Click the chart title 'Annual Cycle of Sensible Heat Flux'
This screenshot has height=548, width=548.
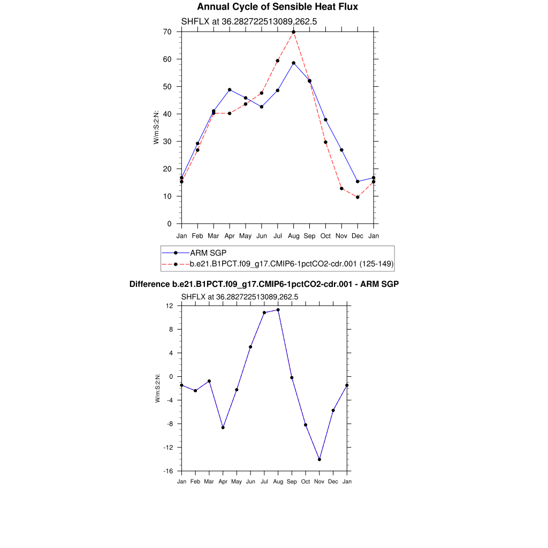[x=277, y=7]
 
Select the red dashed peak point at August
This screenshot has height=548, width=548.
[x=294, y=32]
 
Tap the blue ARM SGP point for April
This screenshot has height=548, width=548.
[x=230, y=89]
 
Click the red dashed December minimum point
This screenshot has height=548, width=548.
[x=357, y=197]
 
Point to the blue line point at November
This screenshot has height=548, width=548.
[x=341, y=150]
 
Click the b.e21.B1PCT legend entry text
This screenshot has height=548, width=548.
[x=292, y=263]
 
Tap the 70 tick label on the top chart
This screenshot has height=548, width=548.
[x=168, y=32]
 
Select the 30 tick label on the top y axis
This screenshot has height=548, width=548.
[x=168, y=141]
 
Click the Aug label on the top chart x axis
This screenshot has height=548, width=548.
[x=294, y=235]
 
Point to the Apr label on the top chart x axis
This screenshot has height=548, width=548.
[x=230, y=235]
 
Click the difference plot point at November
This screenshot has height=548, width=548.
[x=319, y=460]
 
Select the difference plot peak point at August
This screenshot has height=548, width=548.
[x=278, y=310]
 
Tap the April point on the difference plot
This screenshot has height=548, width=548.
[x=223, y=428]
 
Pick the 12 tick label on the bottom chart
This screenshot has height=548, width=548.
[x=170, y=306]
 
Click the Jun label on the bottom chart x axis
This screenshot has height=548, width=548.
[x=250, y=482]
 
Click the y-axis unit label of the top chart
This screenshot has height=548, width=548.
[x=156, y=127]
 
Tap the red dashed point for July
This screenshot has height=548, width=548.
[x=278, y=60]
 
